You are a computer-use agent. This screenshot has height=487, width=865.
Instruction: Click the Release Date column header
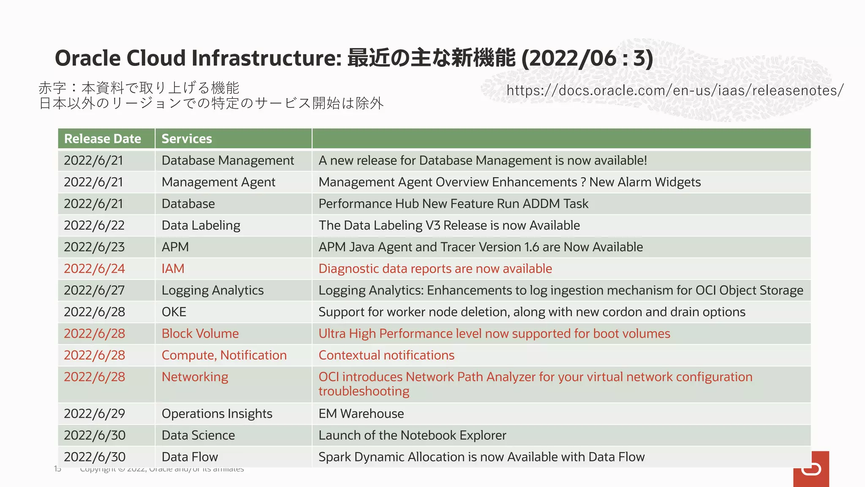click(103, 139)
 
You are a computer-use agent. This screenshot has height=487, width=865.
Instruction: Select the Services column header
click(187, 139)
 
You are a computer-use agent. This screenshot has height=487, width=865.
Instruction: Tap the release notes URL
click(675, 90)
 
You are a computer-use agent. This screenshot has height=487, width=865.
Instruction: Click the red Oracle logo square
click(811, 469)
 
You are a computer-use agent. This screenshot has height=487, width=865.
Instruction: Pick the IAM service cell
click(173, 269)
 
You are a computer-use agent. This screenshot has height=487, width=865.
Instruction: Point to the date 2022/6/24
click(94, 269)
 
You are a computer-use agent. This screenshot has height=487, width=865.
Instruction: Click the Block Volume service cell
click(200, 334)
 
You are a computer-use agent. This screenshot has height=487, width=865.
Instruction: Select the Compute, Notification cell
click(224, 355)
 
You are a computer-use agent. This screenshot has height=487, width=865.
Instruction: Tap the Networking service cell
click(195, 377)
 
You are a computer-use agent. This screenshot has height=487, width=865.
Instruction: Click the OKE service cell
click(174, 312)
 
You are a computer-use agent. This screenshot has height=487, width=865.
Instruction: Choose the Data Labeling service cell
click(201, 225)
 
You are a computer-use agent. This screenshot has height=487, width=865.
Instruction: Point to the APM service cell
click(175, 247)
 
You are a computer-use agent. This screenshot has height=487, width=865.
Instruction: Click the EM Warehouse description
click(361, 413)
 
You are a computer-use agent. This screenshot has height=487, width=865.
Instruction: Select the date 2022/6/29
click(94, 413)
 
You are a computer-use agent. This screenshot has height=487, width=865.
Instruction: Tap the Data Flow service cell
click(190, 457)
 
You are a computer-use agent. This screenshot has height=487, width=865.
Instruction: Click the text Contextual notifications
click(386, 355)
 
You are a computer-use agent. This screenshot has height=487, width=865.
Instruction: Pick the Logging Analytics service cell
click(212, 290)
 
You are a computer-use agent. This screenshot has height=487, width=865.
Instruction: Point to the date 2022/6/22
click(94, 225)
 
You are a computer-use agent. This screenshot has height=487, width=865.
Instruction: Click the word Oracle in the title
click(87, 58)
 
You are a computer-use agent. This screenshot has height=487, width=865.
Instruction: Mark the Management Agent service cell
click(218, 182)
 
